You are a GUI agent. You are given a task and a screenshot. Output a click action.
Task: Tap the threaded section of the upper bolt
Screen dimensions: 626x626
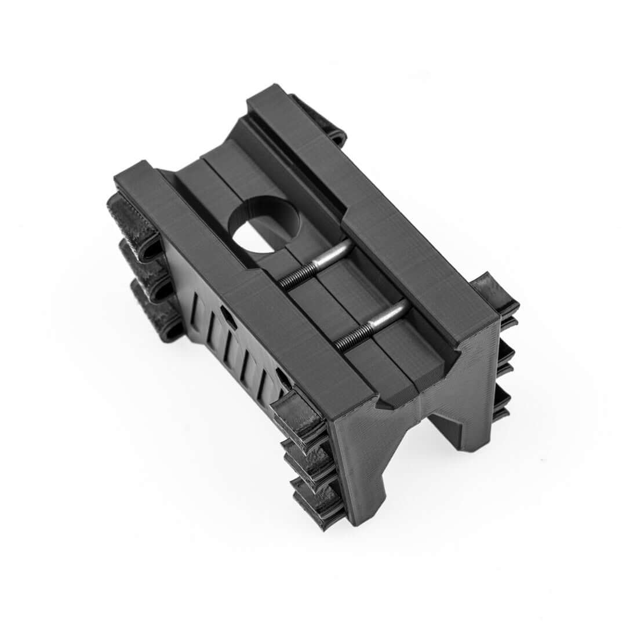tap(296, 277)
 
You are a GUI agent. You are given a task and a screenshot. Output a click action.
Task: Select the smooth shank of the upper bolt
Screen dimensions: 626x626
tap(333, 255)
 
